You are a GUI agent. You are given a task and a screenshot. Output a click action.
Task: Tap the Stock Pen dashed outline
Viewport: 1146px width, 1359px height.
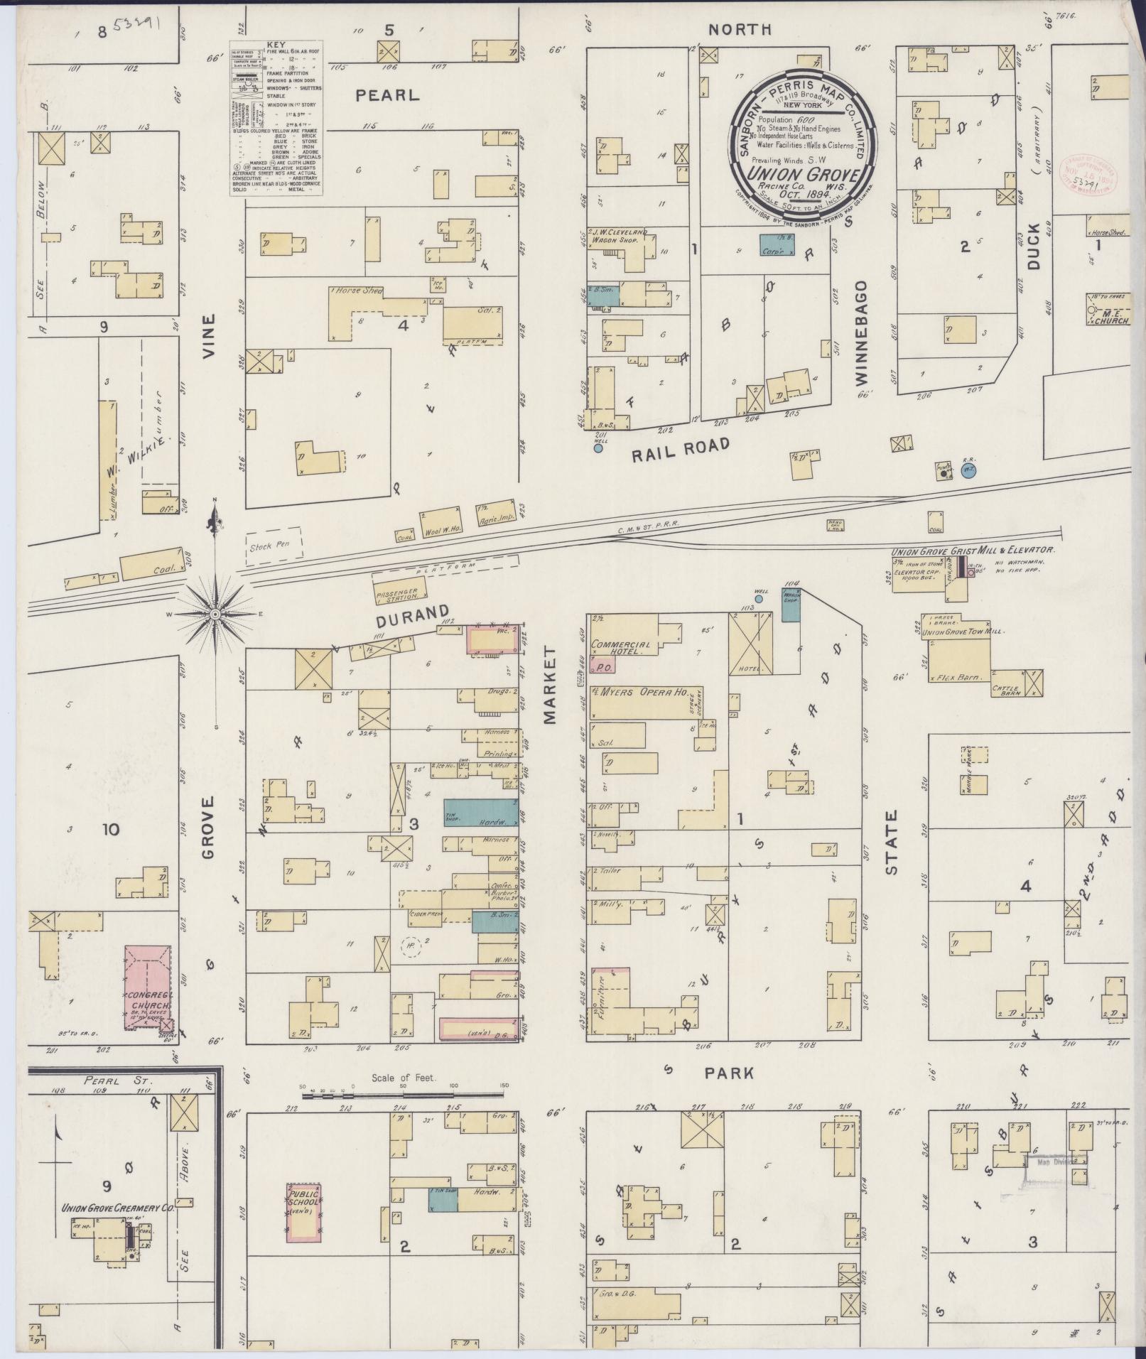tap(274, 546)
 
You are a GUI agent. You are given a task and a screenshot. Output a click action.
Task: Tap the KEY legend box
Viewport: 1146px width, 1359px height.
tap(276, 119)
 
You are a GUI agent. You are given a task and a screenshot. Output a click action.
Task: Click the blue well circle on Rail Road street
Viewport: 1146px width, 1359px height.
tap(598, 448)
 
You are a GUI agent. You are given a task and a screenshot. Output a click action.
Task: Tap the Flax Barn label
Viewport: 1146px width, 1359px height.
tap(959, 677)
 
